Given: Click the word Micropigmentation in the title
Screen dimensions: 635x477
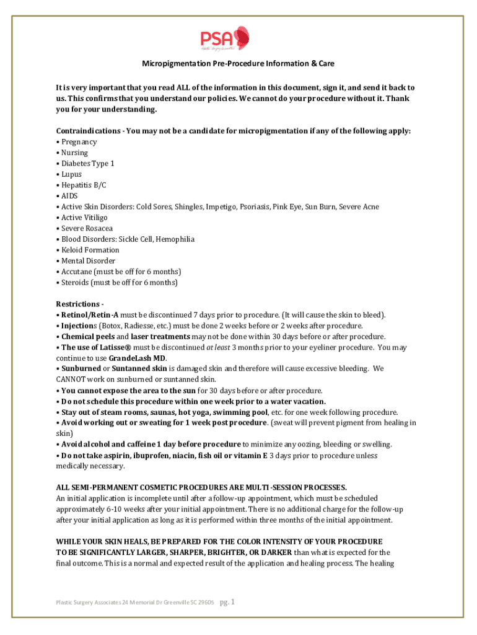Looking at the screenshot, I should pos(172,64).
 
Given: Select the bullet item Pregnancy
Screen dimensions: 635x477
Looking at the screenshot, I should pos(79,142).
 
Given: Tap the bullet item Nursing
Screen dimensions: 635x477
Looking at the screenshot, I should pos(74,153).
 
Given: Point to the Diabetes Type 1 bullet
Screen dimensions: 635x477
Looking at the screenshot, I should pos(88,164).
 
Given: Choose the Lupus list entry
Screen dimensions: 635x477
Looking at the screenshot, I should pos(71,174).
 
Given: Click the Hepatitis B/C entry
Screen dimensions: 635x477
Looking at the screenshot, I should pos(84,185).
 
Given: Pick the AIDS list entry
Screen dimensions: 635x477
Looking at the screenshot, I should pos(69,196).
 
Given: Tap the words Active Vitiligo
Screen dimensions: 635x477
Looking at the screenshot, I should pos(84,218).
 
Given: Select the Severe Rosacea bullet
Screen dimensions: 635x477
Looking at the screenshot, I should pos(87,228).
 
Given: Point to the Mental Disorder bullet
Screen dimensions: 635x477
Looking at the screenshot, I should pos(88,261).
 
